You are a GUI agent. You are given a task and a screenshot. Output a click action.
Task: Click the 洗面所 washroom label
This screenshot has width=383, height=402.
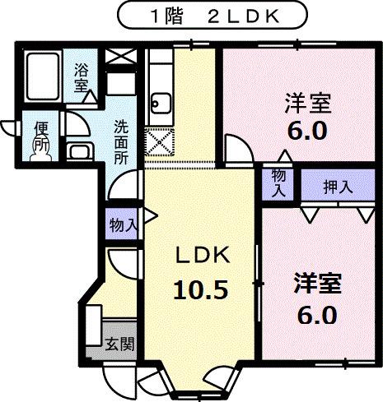point(121,143)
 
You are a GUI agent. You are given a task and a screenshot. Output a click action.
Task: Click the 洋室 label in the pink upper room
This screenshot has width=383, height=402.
point(307,104)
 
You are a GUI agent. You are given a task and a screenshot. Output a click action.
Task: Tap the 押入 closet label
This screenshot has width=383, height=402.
point(337,185)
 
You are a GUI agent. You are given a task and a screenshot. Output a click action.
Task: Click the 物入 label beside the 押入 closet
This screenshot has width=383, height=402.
point(278,183)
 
